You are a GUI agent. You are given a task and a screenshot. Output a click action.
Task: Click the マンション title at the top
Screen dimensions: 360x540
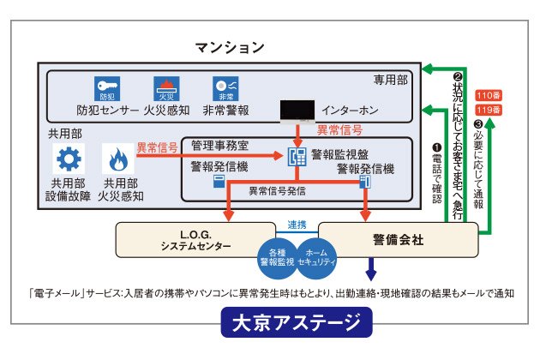click(230, 46)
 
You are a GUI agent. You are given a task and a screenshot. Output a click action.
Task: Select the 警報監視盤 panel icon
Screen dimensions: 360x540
click(297, 158)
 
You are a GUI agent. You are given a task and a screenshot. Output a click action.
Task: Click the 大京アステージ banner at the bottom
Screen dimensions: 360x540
click(296, 324)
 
